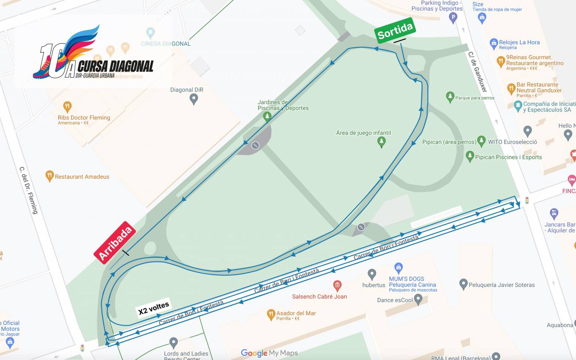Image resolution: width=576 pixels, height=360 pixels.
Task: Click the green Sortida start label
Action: [x=395, y=30]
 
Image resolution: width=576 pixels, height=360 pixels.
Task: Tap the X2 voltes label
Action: [x=153, y=308]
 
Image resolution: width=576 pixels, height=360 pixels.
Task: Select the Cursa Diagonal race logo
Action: [x=94, y=54]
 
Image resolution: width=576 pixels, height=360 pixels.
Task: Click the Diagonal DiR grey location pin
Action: [x=193, y=99]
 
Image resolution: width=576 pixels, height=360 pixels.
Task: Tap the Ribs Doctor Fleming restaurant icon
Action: [x=67, y=106]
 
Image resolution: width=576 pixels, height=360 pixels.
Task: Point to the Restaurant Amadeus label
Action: [x=82, y=177]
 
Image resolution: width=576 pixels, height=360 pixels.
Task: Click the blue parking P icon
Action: [x=453, y=17]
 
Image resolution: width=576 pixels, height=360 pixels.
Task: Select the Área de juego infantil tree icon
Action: [x=381, y=142]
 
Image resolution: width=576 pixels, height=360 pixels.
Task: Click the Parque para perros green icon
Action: [x=450, y=97]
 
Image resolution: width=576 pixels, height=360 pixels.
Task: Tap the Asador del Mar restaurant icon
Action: [x=271, y=314]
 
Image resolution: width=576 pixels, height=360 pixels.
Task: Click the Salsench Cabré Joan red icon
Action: [x=337, y=286]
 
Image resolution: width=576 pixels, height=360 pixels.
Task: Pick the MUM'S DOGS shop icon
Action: [x=399, y=268]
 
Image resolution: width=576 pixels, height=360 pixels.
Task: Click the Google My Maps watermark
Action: [x=269, y=353]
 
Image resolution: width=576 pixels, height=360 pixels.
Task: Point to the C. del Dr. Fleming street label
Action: [x=29, y=190]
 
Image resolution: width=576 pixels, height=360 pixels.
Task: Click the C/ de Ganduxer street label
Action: [x=477, y=72]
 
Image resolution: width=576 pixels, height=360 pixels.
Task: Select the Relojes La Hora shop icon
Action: [x=494, y=43]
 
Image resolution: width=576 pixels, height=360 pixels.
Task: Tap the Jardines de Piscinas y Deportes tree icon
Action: [x=267, y=117]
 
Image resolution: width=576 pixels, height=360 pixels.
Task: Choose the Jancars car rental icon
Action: [x=554, y=214]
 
